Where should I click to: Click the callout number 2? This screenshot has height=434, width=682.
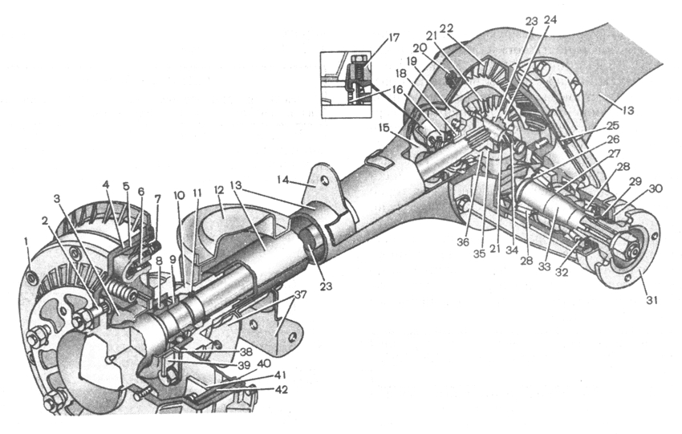coord(44,220)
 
